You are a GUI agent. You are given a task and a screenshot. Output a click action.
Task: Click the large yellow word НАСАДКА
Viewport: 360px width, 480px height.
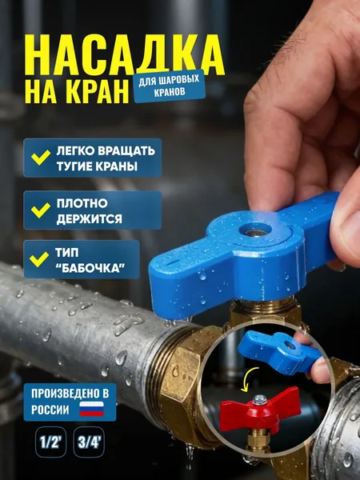[x=125, y=55]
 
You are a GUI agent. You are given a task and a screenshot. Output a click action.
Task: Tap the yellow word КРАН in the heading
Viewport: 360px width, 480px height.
[x=98, y=91]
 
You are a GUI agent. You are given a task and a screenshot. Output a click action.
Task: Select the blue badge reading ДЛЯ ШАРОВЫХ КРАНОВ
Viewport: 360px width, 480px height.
[x=170, y=86]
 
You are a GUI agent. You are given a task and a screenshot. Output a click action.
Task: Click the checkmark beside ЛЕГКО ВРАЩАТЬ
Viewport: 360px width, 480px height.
[x=41, y=158]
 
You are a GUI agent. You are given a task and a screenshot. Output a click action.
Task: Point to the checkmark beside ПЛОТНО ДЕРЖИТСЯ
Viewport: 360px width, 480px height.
[x=41, y=210]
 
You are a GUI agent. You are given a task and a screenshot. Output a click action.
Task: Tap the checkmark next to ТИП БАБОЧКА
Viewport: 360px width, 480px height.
[x=39, y=259]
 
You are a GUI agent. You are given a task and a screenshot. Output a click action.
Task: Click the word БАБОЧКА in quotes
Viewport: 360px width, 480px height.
[x=91, y=268]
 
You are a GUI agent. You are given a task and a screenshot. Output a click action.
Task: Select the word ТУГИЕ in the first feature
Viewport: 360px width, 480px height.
[x=74, y=166]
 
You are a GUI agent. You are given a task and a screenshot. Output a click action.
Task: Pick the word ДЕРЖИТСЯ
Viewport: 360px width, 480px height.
[x=90, y=218]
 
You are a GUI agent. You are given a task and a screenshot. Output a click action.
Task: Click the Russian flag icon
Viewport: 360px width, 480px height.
[x=92, y=409]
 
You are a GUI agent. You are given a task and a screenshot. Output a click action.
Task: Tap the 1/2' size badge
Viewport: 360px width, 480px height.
[x=50, y=442]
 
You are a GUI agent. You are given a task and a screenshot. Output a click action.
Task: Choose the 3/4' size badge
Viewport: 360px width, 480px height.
[x=89, y=442]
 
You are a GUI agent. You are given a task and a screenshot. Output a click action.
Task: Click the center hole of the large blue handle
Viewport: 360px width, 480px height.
[x=255, y=232]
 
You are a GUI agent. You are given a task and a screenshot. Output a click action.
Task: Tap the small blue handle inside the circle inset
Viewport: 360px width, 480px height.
[x=279, y=351]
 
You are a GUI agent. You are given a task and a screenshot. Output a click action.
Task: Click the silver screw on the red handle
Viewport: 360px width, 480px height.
[x=259, y=399]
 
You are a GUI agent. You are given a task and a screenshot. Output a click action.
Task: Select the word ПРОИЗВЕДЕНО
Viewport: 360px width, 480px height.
[x=70, y=394]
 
